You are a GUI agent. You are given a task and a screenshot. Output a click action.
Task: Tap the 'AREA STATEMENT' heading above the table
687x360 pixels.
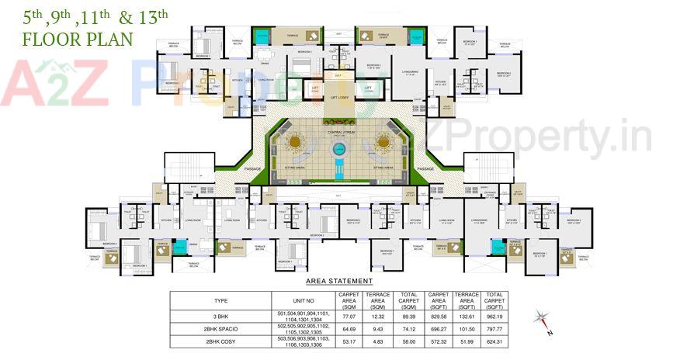pyautogui.click(x=339, y=281)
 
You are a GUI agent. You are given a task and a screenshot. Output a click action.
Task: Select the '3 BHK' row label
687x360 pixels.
pyautogui.click(x=220, y=317)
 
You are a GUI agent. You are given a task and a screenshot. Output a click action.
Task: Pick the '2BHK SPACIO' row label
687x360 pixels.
pyautogui.click(x=220, y=329)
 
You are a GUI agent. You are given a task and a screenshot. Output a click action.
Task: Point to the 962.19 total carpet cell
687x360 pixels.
pyautogui.click(x=494, y=317)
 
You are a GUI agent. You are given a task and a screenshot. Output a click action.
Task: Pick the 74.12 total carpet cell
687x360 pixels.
pyautogui.click(x=406, y=329)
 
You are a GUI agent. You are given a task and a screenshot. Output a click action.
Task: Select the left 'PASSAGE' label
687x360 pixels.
pyautogui.click(x=253, y=168)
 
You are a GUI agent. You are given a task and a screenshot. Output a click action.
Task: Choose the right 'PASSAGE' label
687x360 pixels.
pyautogui.click(x=425, y=168)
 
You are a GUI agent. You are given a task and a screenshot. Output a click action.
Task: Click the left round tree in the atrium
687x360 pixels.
pyautogui.click(x=296, y=142)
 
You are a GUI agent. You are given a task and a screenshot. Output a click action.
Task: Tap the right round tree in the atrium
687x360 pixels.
pyautogui.click(x=383, y=142)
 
